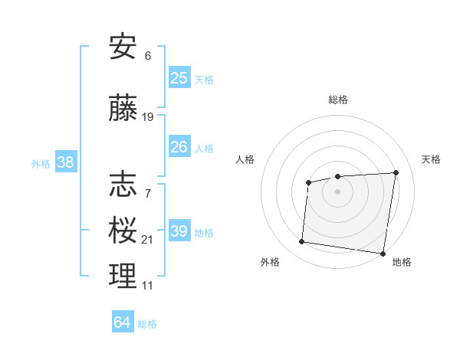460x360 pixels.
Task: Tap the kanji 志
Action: (123, 184)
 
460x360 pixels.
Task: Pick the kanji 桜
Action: (123, 229)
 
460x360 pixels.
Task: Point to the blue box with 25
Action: (179, 78)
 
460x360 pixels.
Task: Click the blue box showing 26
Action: (179, 146)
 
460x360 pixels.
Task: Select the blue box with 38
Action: (65, 162)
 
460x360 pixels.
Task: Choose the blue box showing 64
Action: (123, 322)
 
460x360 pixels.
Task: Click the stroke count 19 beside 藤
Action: (148, 117)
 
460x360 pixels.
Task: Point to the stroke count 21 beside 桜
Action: (148, 240)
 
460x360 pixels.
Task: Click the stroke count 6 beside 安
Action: (148, 55)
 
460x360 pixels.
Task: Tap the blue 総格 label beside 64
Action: (147, 324)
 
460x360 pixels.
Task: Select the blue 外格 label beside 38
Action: (40, 163)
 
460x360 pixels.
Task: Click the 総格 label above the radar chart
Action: (337, 100)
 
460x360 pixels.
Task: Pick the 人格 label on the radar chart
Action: (245, 159)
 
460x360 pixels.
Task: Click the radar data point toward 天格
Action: (396, 172)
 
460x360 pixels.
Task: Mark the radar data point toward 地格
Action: (383, 254)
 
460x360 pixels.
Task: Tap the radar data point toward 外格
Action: (301, 242)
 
